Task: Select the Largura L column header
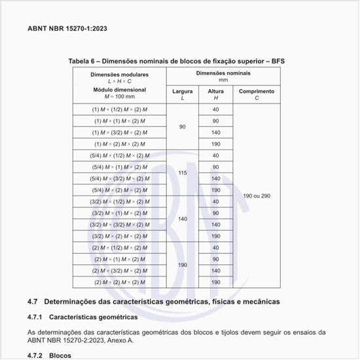(x=182, y=95)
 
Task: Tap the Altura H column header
(x=215, y=95)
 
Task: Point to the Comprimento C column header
(x=256, y=95)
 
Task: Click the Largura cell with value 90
(x=182, y=127)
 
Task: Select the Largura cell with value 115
(x=182, y=172)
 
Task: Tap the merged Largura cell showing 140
(x=182, y=219)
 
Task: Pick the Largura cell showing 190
(x=182, y=264)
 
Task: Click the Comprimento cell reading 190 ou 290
(x=256, y=196)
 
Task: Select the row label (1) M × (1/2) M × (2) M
(x=119, y=109)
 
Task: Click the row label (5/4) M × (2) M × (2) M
(x=119, y=190)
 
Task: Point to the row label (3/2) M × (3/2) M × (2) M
(x=119, y=225)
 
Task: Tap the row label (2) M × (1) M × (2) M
(x=119, y=259)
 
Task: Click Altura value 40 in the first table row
(x=215, y=109)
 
